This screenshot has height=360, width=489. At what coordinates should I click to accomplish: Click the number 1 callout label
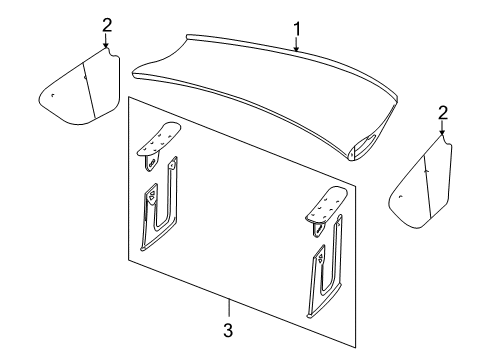tap(296, 17)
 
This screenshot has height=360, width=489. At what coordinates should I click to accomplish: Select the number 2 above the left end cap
tap(106, 24)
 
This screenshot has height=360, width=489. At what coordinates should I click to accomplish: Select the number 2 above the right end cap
tap(441, 113)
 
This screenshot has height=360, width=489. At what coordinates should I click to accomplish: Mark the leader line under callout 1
tap(296, 37)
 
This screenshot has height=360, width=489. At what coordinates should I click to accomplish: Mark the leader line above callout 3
tap(228, 306)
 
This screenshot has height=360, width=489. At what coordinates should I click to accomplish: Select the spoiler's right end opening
tap(359, 151)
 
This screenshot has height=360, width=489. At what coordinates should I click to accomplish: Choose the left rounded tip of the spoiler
tap(139, 72)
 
